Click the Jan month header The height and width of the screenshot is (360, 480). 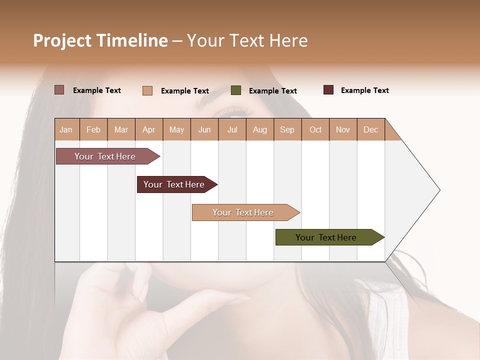pos(66,129)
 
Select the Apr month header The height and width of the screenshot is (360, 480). pos(149,129)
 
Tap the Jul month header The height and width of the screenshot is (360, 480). pos(232,129)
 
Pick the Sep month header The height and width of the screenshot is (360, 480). pos(287,129)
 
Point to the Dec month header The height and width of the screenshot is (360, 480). pos(370,129)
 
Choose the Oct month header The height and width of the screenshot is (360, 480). pos(315,129)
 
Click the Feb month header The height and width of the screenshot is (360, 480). pos(93,129)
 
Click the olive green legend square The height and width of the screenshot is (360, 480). pos(236,90)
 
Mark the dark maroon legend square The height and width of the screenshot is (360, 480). pos(328,90)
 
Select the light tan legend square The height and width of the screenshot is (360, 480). pos(147,90)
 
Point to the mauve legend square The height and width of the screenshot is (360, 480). pos(59,90)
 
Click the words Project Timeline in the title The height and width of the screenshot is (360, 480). pos(100,40)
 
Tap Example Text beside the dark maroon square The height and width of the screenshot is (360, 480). pos(364,90)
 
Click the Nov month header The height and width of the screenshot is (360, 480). pos(343,129)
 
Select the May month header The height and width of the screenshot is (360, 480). pos(176,129)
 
